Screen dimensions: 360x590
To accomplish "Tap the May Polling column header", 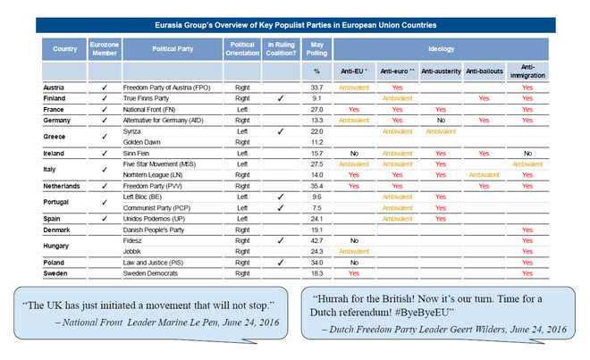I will [x=316, y=48].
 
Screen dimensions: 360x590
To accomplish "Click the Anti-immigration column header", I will [x=527, y=69].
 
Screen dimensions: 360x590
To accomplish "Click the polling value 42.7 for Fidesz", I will [x=316, y=240].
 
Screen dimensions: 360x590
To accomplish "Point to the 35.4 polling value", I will [x=316, y=186].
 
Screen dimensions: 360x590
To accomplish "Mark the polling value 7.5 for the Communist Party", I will [x=316, y=207].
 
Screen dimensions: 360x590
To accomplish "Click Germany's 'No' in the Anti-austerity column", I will [x=440, y=120].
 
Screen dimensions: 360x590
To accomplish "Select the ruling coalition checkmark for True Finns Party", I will [x=281, y=98].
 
